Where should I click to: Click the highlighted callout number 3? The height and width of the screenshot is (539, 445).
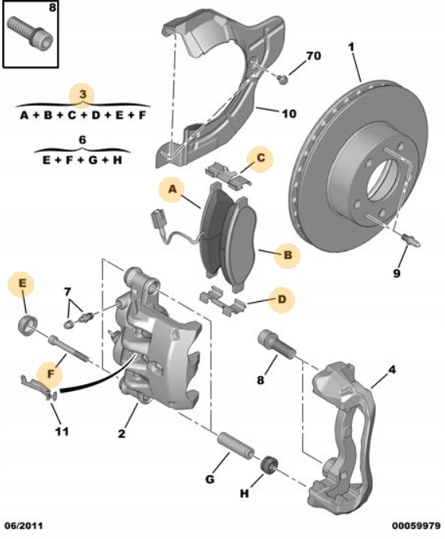coord(83,94)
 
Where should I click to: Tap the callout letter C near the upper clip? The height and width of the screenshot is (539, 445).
coord(261,158)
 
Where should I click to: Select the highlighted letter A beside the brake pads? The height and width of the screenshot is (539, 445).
coord(173,189)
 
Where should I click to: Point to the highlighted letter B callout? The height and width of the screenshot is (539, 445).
coord(288,255)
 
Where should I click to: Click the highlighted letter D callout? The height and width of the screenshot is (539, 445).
coord(282,299)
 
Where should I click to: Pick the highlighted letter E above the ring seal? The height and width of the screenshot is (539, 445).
coord(23,283)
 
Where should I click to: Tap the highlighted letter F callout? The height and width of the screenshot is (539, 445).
coord(51,374)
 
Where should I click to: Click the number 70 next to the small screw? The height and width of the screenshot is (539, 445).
coord(313,56)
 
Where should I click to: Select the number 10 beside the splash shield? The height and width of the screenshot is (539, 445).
coord(289,113)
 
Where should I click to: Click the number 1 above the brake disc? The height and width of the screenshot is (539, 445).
coord(351,47)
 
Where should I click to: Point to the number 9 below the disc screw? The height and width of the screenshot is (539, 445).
coord(397,274)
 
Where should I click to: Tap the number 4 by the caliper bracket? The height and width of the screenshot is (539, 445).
coord(392,370)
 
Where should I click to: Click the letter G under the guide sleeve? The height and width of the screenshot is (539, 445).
coord(210,479)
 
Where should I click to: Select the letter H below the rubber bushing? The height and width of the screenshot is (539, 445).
coord(244,494)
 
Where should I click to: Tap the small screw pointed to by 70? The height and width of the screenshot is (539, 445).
coord(283,79)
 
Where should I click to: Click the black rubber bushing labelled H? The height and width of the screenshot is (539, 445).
coord(269,465)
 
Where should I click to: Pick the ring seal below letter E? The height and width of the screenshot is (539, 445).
coord(27,325)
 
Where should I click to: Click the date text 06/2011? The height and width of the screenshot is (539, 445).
coord(23,526)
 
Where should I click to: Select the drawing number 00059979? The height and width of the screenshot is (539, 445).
coord(416,526)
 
